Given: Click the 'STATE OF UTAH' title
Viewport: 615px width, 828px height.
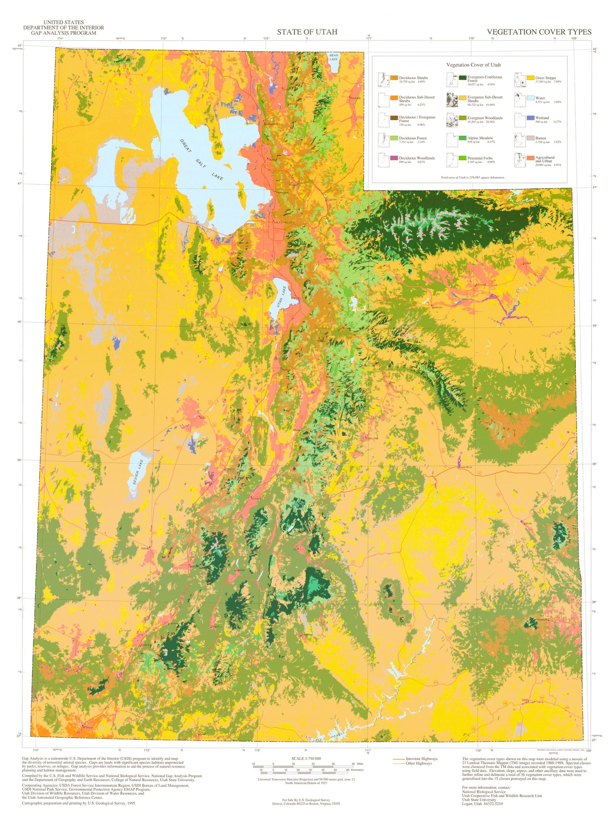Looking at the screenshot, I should click(x=307, y=32).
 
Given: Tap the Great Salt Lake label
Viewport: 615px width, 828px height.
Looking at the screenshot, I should click(x=201, y=160).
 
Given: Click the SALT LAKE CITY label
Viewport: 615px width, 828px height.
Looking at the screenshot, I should click(x=284, y=223).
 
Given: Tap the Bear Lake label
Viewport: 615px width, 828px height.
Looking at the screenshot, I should click(x=334, y=57).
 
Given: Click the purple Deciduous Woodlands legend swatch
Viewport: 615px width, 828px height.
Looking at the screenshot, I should click(x=394, y=158).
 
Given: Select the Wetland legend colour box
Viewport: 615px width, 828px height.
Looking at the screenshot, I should click(x=530, y=118).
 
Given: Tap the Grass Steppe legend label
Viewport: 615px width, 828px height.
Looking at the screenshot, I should click(x=545, y=78).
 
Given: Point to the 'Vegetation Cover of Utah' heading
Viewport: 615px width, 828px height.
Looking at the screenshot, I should click(x=473, y=65).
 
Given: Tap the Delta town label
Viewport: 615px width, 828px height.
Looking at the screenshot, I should click(x=202, y=418).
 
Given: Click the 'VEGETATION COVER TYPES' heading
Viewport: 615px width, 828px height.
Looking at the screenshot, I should click(x=539, y=32).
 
